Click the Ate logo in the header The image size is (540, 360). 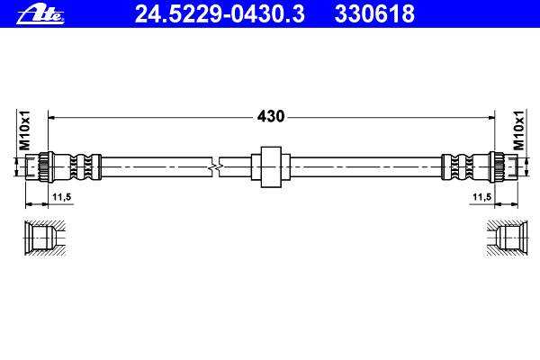[x=40, y=15]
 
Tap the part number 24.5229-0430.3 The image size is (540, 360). [x=220, y=14]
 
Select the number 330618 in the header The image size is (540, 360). [x=374, y=14]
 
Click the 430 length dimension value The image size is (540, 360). [x=271, y=116]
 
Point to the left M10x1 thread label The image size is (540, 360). [x=25, y=130]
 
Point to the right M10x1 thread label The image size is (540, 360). [x=518, y=130]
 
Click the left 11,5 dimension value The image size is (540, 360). [x=61, y=197]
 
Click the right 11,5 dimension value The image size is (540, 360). [x=481, y=197]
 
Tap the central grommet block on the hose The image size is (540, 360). [x=271, y=167]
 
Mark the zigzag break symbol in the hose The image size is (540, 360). [x=215, y=167]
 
